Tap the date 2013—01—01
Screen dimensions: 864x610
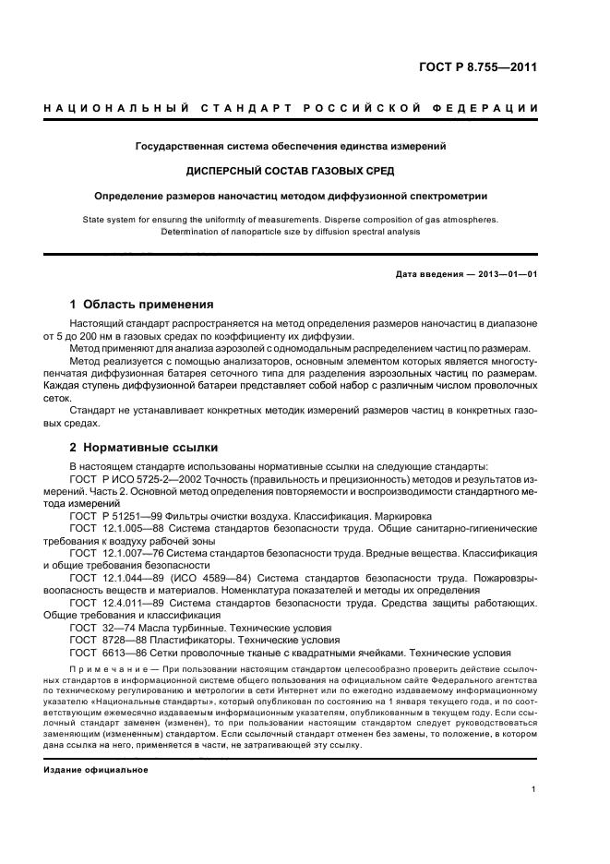[x=500, y=275]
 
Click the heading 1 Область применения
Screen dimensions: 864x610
[x=142, y=304]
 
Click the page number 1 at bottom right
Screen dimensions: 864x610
[x=534, y=790]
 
